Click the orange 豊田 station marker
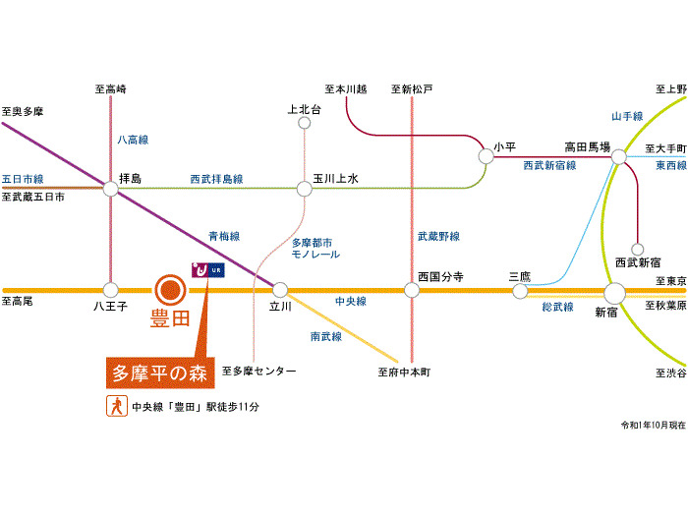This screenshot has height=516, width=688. (x=171, y=290)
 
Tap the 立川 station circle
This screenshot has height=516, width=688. (x=280, y=290)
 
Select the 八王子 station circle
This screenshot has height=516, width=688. (x=110, y=290)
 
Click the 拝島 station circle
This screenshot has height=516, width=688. (x=110, y=189)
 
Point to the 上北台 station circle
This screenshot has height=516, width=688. (x=304, y=123)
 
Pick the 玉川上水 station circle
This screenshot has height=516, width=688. (x=304, y=189)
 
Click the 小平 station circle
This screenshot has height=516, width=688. (x=486, y=156)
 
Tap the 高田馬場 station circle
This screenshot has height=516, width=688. (x=618, y=156)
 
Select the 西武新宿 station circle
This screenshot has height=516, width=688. (x=637, y=250)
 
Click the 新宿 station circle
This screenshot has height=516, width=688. (x=614, y=293)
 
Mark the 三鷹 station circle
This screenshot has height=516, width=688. (x=520, y=291)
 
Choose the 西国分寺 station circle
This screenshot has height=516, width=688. (x=412, y=290)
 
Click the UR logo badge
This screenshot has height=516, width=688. (x=208, y=270)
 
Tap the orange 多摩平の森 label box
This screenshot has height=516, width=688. (x=160, y=373)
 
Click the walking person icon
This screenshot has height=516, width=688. (x=117, y=406)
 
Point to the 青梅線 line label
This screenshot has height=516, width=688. (x=224, y=236)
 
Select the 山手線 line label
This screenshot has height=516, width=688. (x=627, y=116)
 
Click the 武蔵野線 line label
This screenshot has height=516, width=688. (x=438, y=236)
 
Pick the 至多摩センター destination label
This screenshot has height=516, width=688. (x=258, y=372)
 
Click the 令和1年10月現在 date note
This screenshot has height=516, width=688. (x=653, y=425)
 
